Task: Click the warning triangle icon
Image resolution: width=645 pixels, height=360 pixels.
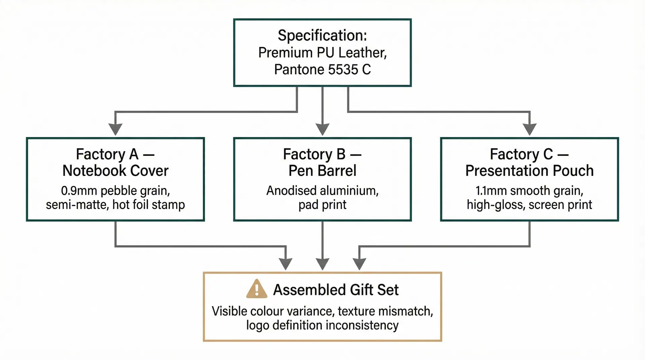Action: (x=257, y=289)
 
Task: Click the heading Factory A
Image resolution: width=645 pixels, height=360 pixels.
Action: (x=107, y=154)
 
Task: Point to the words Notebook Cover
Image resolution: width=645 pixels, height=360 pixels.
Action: (x=115, y=171)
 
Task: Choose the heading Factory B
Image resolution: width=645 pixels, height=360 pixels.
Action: (x=314, y=154)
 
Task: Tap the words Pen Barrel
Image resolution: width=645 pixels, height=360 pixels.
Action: (x=322, y=171)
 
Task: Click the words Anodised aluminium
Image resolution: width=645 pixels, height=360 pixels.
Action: (x=322, y=191)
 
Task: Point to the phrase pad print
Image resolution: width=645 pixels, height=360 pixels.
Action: (x=322, y=205)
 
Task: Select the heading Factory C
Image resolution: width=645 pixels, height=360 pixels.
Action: (x=521, y=154)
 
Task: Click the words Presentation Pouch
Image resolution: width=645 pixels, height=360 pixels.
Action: (x=529, y=171)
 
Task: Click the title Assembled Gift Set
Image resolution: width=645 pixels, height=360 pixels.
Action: (x=336, y=290)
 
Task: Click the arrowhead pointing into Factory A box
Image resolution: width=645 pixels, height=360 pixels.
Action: (x=115, y=129)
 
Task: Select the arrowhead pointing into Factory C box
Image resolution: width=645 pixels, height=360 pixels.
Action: (x=529, y=129)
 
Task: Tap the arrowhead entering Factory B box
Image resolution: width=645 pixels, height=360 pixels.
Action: (x=322, y=129)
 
